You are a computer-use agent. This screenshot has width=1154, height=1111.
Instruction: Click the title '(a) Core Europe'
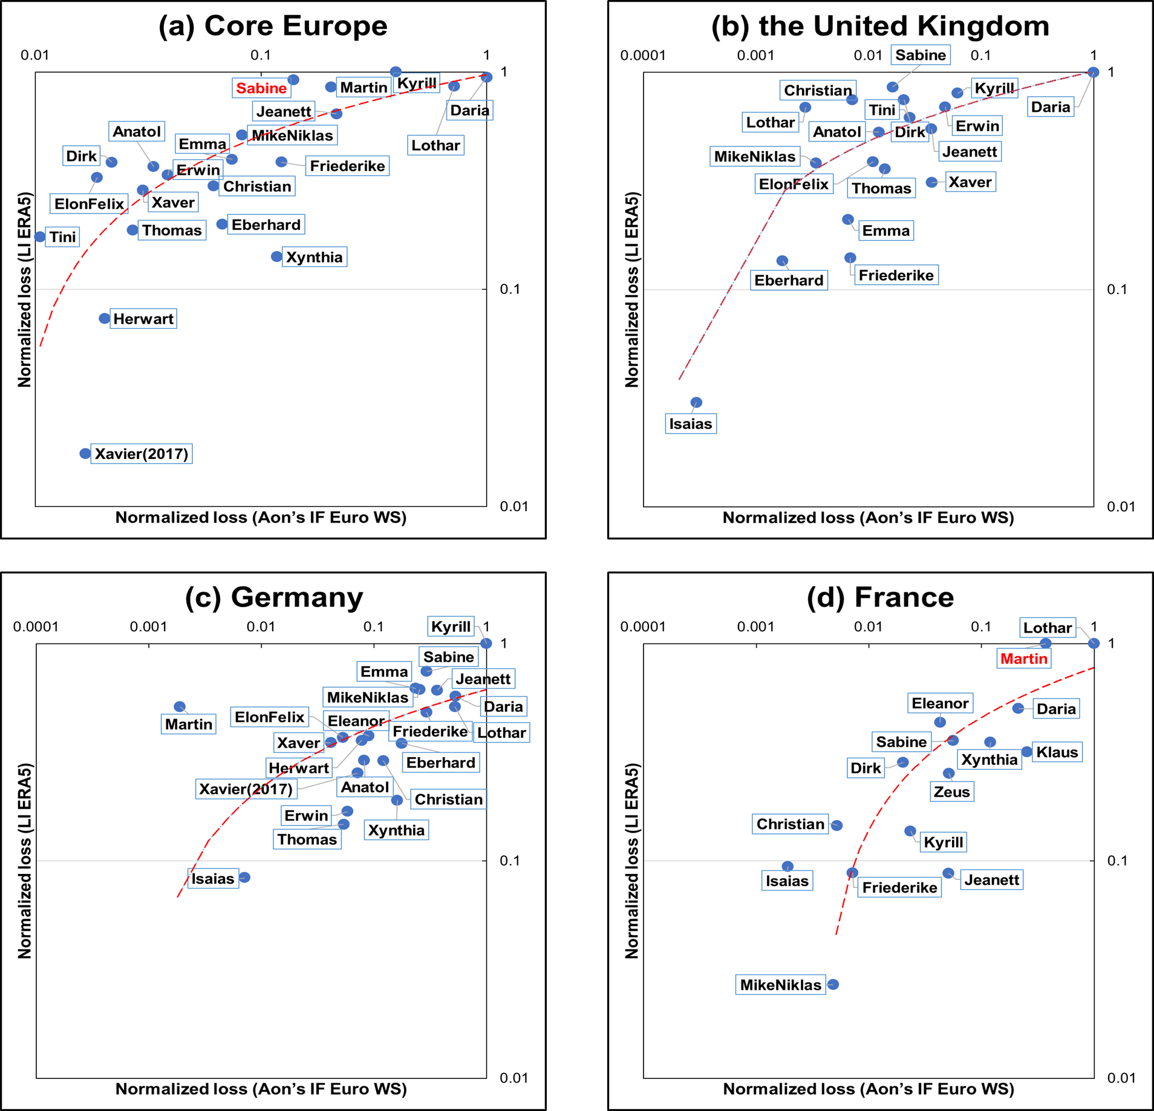click(273, 26)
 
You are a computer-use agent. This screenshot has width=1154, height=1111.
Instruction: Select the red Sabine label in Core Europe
click(261, 88)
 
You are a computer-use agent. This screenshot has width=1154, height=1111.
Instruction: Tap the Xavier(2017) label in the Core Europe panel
click(142, 454)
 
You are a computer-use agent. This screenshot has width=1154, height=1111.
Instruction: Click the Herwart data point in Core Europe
click(105, 318)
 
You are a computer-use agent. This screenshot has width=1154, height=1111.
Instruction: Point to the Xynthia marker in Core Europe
click(276, 256)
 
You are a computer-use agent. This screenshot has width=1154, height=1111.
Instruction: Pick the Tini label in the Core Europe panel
click(63, 237)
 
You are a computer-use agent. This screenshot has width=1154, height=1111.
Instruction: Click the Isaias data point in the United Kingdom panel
click(696, 402)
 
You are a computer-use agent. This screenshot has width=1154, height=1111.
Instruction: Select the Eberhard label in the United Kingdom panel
click(789, 281)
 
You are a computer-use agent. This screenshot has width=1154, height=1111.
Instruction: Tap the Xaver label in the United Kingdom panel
click(970, 182)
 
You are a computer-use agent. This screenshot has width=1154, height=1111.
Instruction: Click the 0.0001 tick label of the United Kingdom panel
click(643, 56)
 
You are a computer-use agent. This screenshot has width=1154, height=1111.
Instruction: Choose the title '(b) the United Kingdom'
click(880, 26)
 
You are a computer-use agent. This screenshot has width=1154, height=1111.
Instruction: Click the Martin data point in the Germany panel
click(180, 706)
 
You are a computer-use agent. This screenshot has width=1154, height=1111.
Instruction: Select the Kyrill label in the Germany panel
click(451, 627)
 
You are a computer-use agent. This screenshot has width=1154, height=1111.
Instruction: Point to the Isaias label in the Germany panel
click(212, 879)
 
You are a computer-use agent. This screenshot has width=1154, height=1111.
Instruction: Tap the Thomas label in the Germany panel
click(307, 839)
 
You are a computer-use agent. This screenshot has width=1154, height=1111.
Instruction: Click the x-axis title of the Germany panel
click(261, 1089)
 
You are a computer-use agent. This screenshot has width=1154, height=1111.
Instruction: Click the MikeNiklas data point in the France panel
click(833, 985)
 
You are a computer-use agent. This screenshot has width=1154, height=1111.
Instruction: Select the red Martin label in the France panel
click(1023, 659)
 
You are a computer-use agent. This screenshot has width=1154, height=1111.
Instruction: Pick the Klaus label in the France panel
click(1057, 752)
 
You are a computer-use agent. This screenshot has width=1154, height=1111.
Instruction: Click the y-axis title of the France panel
click(631, 861)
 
